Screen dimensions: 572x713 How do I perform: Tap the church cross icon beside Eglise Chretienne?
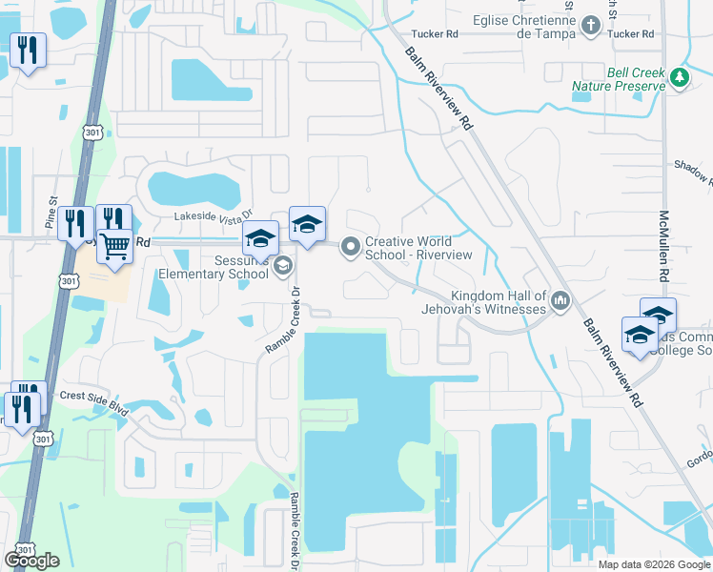click(x=591, y=26)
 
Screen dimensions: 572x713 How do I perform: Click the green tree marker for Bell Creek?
click(x=679, y=76)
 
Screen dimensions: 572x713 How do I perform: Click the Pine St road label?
click(x=53, y=219)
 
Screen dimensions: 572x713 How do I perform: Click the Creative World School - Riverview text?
click(x=418, y=248)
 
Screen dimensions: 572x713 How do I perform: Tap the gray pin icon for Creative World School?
click(x=351, y=248)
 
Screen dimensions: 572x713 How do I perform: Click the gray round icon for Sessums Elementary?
click(x=282, y=267)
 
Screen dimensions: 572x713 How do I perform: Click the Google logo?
click(x=31, y=561)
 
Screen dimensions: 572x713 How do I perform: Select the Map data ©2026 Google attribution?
click(x=653, y=564)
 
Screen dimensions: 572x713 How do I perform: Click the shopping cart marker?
click(x=114, y=246)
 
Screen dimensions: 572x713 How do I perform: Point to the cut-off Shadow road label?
click(x=692, y=172)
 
